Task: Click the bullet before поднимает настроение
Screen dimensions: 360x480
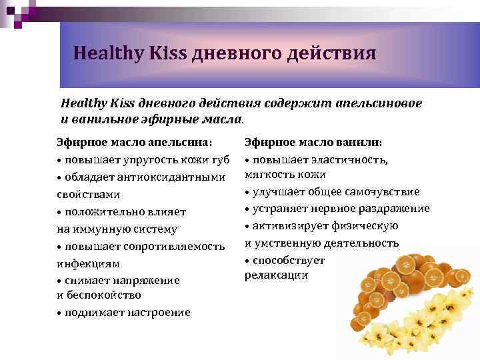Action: (59, 313)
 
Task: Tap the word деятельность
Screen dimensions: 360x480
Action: (359, 243)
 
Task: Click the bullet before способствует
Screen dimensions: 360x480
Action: (247, 260)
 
